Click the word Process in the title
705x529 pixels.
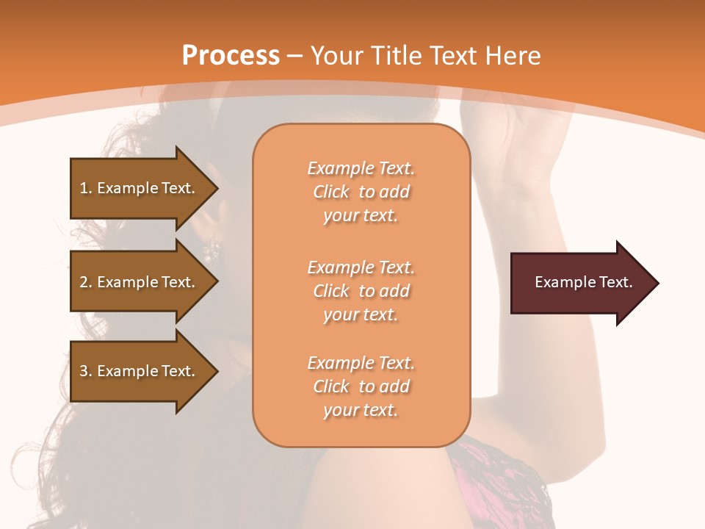[x=231, y=55]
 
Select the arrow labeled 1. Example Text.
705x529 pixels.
[x=140, y=188]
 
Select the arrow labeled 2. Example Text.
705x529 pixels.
[x=140, y=282]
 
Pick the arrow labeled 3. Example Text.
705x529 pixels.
[x=140, y=371]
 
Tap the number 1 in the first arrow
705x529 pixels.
[x=84, y=188]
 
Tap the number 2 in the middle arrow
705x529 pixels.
[x=84, y=282]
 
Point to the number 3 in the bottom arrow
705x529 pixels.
[x=84, y=371]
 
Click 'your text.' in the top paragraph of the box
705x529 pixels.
[x=361, y=215]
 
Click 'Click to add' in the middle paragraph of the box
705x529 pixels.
[x=361, y=291]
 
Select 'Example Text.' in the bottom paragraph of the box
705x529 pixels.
[x=361, y=363]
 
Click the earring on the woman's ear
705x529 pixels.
[x=211, y=250]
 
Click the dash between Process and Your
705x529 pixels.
[x=295, y=57]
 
